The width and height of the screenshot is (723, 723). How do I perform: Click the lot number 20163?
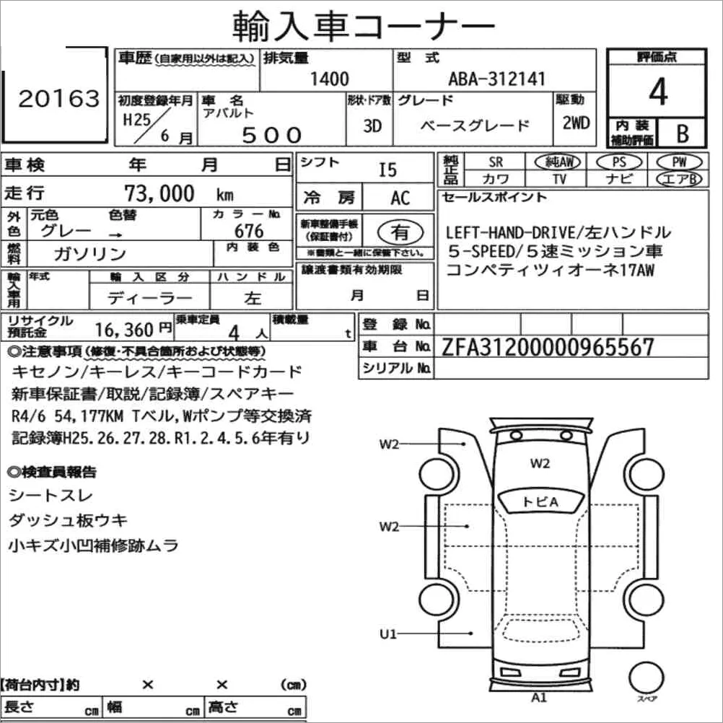point(59,99)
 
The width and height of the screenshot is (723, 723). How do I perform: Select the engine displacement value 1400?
point(329,79)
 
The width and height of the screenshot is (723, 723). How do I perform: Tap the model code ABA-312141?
point(496,79)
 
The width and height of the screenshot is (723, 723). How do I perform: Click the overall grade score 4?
point(658,92)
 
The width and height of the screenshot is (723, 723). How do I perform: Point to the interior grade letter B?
point(683,133)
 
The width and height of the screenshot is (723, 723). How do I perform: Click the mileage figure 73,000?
point(159,193)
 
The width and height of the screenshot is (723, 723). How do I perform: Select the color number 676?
point(249,231)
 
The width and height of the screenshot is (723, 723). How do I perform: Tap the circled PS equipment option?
point(619,162)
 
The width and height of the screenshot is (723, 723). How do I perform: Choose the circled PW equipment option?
point(679,162)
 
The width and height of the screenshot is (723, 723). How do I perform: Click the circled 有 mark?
point(400,232)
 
